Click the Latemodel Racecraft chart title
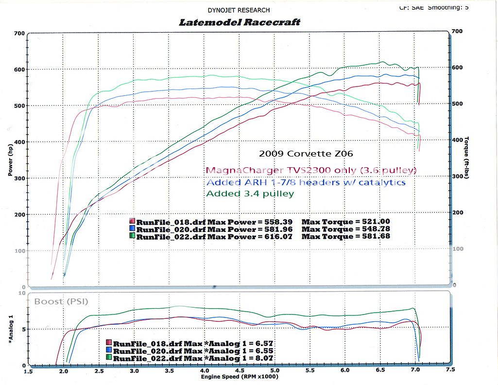point(240,22)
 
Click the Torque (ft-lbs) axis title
point(467,157)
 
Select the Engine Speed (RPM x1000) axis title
point(240,377)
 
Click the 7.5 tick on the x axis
point(450,370)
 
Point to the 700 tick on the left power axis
point(19,34)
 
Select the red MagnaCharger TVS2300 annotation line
point(311,170)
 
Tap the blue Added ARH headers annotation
point(306,182)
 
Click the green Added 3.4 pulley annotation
point(250,193)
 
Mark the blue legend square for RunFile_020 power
point(132,229)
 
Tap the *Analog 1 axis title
point(10,331)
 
